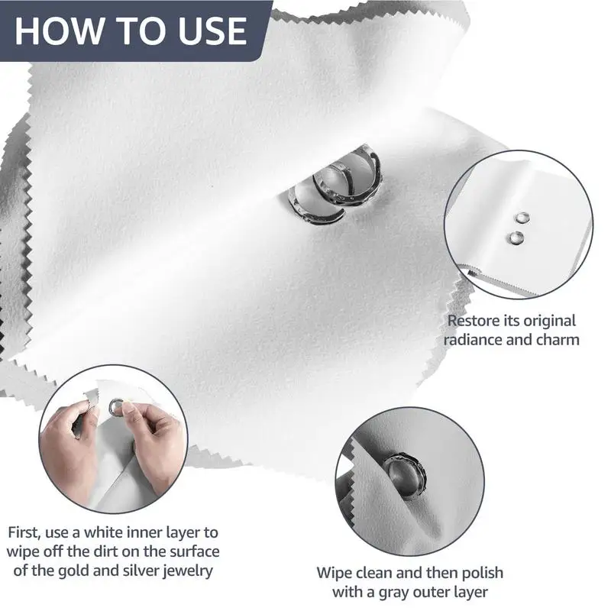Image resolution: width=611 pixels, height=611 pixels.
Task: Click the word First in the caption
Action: point(25,530)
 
